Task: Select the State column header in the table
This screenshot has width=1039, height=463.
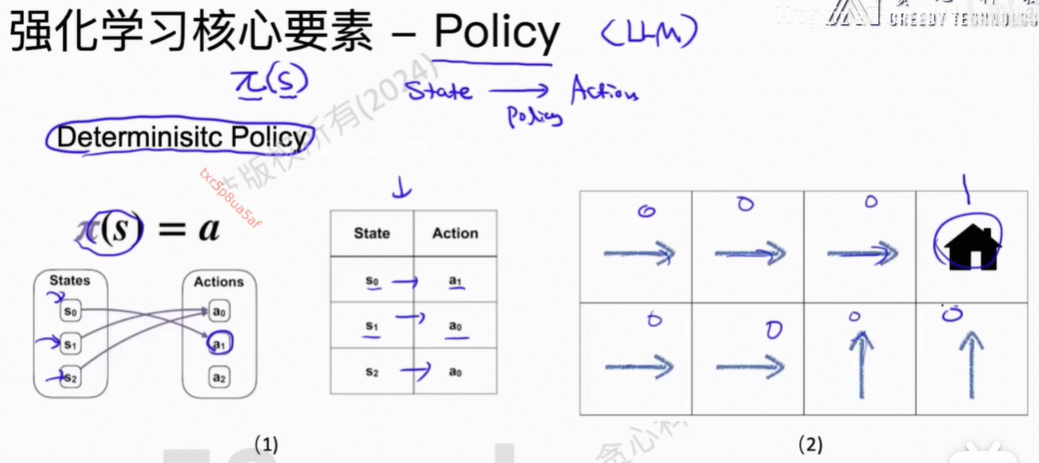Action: (x=371, y=234)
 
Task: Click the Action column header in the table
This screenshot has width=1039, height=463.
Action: (x=454, y=234)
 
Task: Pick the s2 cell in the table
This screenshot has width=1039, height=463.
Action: (x=371, y=372)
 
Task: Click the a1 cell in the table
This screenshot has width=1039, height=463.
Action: (x=454, y=280)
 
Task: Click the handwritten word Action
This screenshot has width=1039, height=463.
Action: (x=603, y=90)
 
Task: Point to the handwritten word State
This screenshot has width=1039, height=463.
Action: (x=438, y=90)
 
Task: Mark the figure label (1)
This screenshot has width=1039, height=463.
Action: (x=266, y=444)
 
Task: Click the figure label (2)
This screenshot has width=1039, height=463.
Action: (x=810, y=444)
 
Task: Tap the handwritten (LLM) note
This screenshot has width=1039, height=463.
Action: (x=649, y=34)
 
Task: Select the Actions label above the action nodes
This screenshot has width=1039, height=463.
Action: (x=218, y=282)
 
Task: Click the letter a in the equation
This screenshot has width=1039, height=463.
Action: (x=208, y=230)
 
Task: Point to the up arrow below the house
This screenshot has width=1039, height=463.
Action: (x=971, y=365)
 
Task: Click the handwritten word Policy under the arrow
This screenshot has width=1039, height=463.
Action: (x=535, y=116)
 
